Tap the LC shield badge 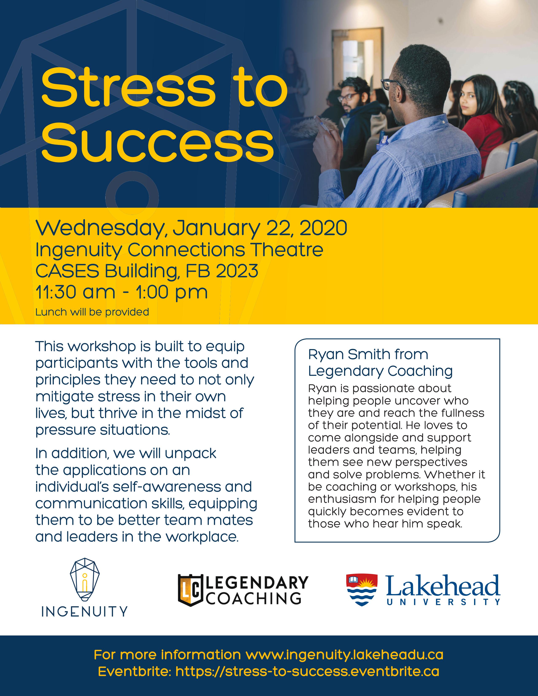(190, 590)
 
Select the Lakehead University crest (362, 590)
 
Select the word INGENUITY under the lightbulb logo (84, 612)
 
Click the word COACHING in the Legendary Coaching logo (254, 599)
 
